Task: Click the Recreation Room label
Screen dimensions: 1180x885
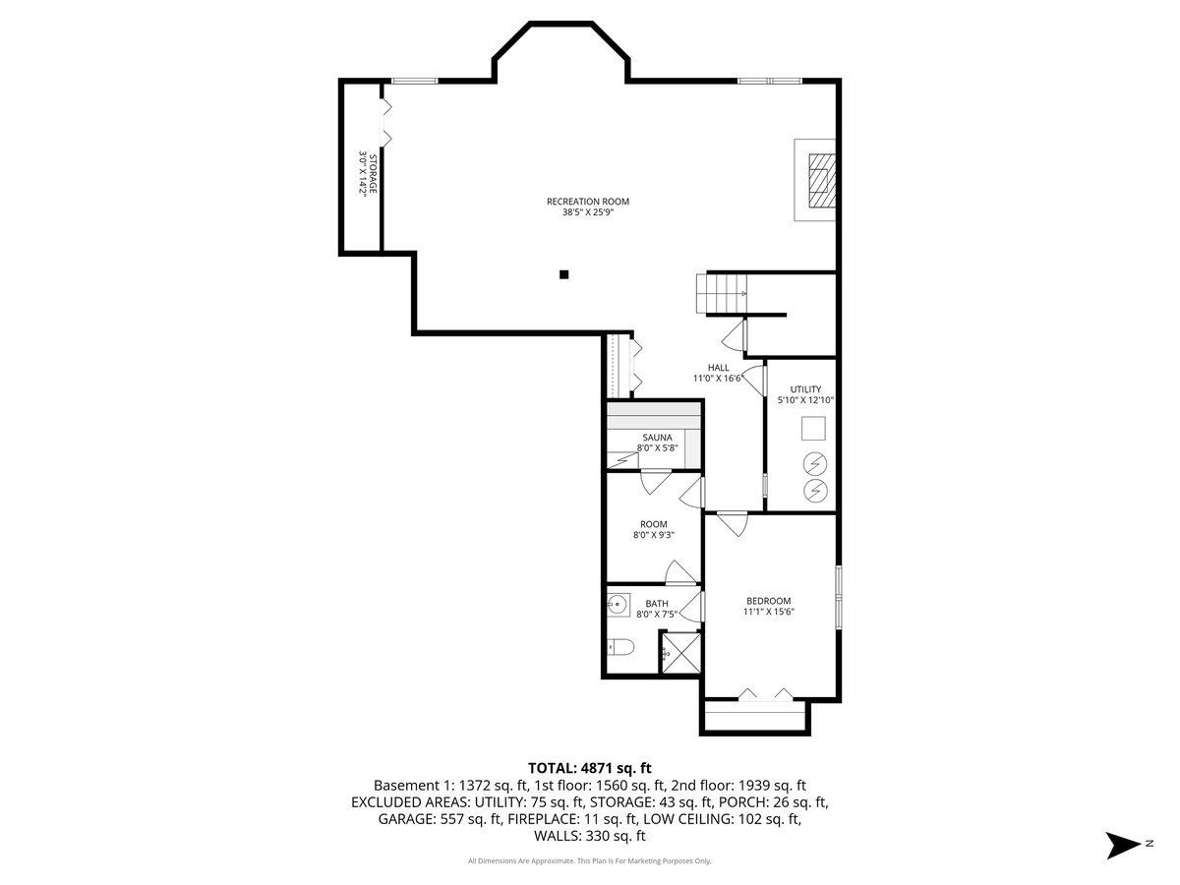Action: tap(588, 202)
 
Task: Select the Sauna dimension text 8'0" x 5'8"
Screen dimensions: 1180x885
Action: tap(657, 447)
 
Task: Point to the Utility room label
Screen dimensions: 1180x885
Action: tap(805, 389)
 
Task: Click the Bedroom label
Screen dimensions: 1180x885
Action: tap(768, 601)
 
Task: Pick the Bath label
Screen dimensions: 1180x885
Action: tap(657, 604)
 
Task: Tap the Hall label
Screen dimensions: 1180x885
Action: tap(718, 368)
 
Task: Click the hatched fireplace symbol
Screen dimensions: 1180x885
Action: tap(822, 181)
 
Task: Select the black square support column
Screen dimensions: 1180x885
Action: tap(563, 274)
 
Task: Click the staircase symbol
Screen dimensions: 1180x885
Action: tap(722, 293)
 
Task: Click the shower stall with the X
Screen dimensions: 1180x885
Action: tap(681, 653)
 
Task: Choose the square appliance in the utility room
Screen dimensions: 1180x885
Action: tap(813, 429)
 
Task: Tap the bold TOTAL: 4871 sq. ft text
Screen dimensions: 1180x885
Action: tap(589, 768)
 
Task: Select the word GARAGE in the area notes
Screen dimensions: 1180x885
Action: tap(406, 819)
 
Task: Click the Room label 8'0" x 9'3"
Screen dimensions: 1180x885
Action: tap(653, 529)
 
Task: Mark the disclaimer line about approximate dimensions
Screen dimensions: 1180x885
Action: tap(589, 860)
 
